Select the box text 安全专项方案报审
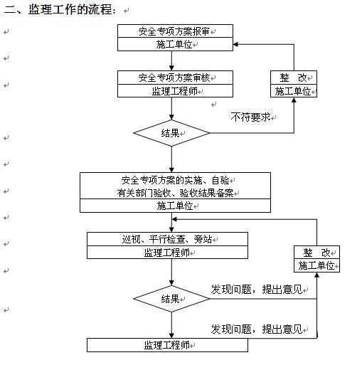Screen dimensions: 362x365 click(x=174, y=31)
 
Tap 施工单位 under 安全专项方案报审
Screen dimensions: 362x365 click(x=174, y=44)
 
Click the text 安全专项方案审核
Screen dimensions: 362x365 click(x=174, y=78)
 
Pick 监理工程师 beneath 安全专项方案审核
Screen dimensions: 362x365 click(x=174, y=91)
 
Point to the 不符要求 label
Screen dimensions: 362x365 click(x=250, y=117)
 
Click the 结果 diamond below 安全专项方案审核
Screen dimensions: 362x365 click(x=171, y=133)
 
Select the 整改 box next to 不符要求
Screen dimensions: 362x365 click(x=294, y=84)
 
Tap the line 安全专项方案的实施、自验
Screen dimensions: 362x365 click(x=176, y=181)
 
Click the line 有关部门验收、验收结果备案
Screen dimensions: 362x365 click(x=176, y=193)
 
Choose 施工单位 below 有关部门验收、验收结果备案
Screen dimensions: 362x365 click(x=175, y=206)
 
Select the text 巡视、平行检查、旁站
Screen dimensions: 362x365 click(x=167, y=239)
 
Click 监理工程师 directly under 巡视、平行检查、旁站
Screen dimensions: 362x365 click(x=167, y=253)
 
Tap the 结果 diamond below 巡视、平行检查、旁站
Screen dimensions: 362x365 click(x=171, y=299)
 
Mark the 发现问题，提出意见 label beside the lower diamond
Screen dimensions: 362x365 click(x=257, y=290)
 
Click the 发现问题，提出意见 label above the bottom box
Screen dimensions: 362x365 click(x=257, y=329)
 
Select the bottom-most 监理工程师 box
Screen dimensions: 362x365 click(x=167, y=345)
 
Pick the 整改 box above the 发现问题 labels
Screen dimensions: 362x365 click(x=316, y=259)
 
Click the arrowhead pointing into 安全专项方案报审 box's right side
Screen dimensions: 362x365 click(x=235, y=44)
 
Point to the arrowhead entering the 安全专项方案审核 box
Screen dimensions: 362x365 click(x=171, y=68)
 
